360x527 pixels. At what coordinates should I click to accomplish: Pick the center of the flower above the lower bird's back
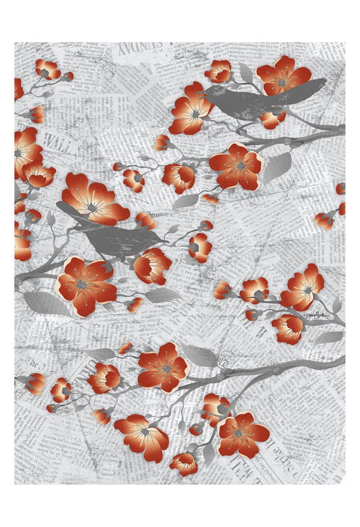(x=94, y=205)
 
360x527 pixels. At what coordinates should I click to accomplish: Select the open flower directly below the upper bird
(x=236, y=165)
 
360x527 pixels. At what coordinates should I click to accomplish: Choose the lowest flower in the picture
(x=184, y=463)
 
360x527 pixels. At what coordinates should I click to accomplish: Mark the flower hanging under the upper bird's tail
(x=272, y=119)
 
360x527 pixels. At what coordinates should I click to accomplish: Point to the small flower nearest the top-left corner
(x=47, y=69)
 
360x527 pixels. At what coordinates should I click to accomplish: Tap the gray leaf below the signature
(x=327, y=337)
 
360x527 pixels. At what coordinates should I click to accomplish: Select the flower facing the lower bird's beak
(x=199, y=246)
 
